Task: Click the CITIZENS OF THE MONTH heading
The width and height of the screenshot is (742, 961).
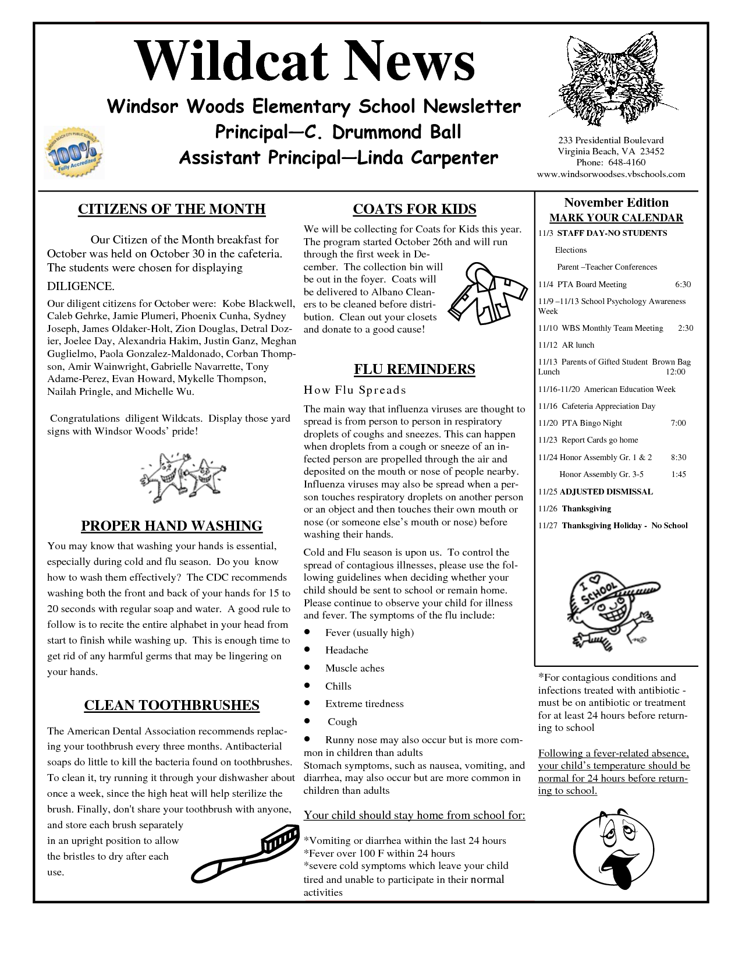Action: (x=172, y=209)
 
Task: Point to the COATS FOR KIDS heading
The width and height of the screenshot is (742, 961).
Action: (x=414, y=209)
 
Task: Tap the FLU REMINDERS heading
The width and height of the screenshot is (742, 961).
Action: (x=414, y=369)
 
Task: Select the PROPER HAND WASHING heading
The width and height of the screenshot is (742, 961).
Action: (x=172, y=526)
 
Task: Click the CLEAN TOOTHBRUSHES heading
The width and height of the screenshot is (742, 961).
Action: (x=172, y=705)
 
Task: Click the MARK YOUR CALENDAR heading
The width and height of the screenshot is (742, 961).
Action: (x=616, y=218)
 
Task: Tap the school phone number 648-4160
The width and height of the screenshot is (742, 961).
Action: (x=626, y=162)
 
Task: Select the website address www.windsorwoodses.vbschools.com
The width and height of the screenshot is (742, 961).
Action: (x=610, y=174)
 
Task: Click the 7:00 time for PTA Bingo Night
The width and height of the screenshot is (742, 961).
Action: (x=678, y=423)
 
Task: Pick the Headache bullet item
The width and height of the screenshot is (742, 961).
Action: (x=346, y=650)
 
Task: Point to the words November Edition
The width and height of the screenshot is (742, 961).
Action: (x=616, y=203)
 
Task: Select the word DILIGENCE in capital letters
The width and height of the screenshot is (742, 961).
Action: (x=81, y=287)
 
